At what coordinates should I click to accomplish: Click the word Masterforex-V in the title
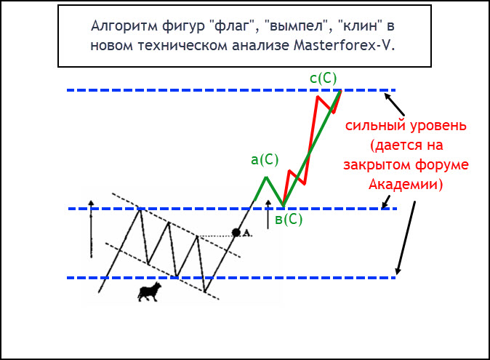click(x=344, y=45)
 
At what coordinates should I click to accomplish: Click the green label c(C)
click(x=323, y=78)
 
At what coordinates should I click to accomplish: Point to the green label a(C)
click(x=265, y=160)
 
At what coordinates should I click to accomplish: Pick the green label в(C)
click(x=289, y=219)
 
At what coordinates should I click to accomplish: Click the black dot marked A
click(x=236, y=233)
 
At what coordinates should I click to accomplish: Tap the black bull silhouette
click(x=149, y=292)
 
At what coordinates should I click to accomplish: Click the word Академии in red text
click(x=406, y=184)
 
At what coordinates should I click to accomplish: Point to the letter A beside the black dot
click(x=246, y=233)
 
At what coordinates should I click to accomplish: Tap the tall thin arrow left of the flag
click(x=91, y=229)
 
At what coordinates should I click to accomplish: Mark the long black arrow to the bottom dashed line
click(x=406, y=238)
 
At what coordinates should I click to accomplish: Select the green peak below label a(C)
click(x=266, y=177)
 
